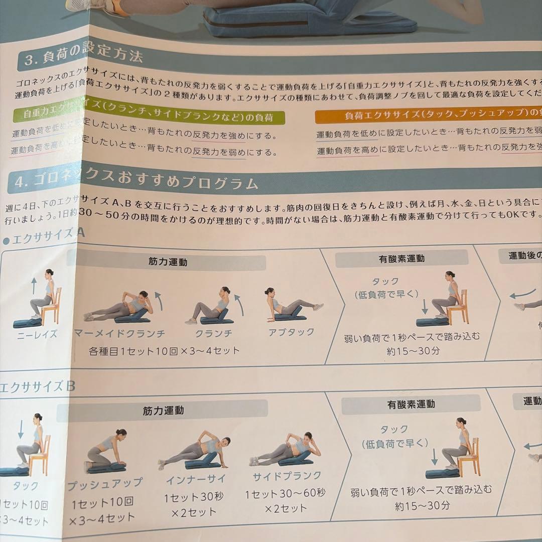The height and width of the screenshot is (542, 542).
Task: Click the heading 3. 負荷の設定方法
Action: click(x=83, y=56)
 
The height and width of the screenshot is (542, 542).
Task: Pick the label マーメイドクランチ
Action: click(x=119, y=333)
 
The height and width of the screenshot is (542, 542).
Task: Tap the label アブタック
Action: click(x=291, y=332)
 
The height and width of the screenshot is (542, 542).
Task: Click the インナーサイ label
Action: click(x=196, y=479)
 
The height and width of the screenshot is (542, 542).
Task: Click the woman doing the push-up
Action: click(x=106, y=452)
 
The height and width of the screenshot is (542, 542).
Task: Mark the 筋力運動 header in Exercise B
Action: click(x=163, y=411)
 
